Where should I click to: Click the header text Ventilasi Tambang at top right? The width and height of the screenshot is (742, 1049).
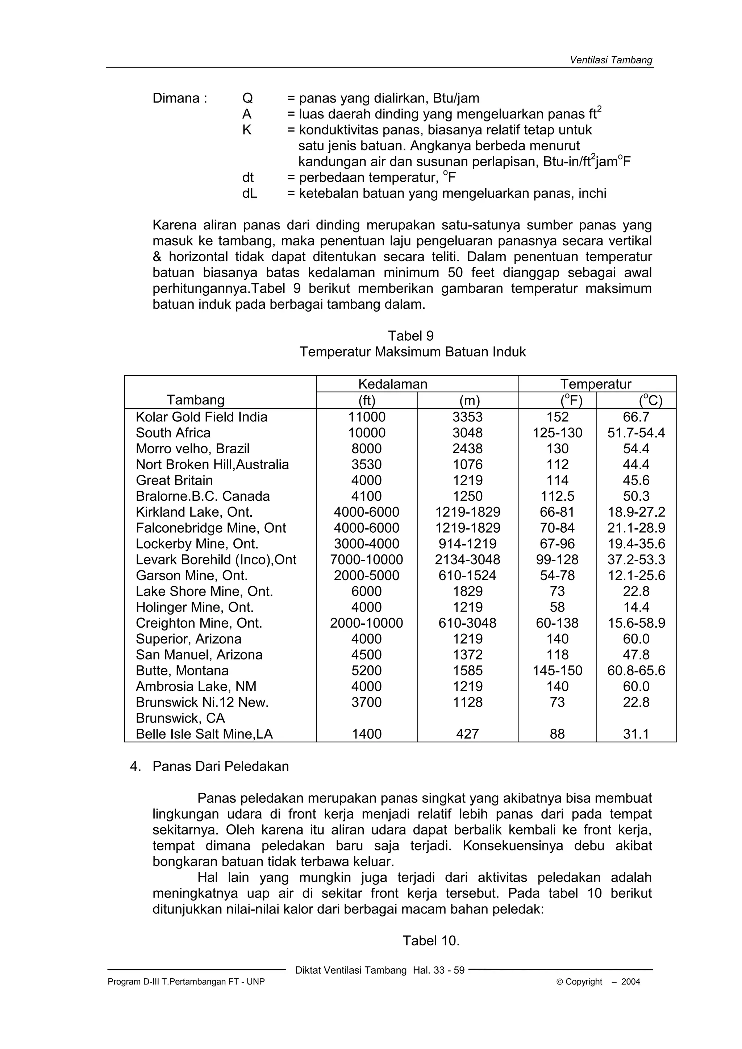coord(611,60)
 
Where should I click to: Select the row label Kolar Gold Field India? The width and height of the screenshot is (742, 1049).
coord(201,417)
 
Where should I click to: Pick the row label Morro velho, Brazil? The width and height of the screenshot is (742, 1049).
coord(192,449)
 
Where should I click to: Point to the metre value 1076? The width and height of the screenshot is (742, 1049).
coord(467,465)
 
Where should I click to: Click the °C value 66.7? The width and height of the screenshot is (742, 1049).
coord(636,417)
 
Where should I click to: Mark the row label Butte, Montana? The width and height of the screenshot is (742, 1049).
coord(182,671)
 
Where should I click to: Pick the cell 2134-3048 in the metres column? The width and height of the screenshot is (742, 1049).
coord(467,560)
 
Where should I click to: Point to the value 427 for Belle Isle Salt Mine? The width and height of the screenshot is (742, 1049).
coord(467,734)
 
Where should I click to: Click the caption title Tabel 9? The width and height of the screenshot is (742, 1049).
coord(411,336)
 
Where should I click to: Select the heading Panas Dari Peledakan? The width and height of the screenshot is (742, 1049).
coord(220,766)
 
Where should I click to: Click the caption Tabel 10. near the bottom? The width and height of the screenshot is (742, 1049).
coord(431,941)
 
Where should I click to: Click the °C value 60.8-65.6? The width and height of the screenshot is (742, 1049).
coord(636,671)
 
